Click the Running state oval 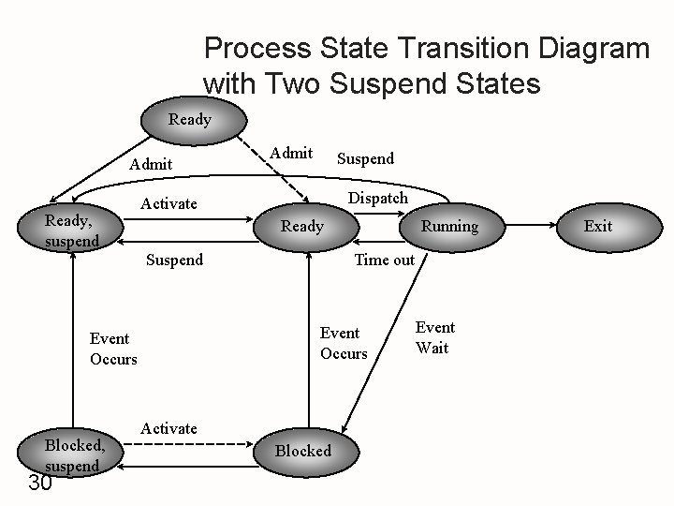tap(448, 226)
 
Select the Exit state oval tap(597, 226)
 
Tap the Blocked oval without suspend tap(302, 451)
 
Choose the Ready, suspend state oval tap(71, 229)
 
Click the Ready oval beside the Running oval tap(302, 226)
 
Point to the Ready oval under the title tap(190, 119)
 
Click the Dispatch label tap(377, 198)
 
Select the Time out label tap(384, 260)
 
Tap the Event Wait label tap(434, 337)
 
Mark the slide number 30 tap(39, 484)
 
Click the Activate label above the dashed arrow tap(168, 428)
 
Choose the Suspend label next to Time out tap(174, 260)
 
